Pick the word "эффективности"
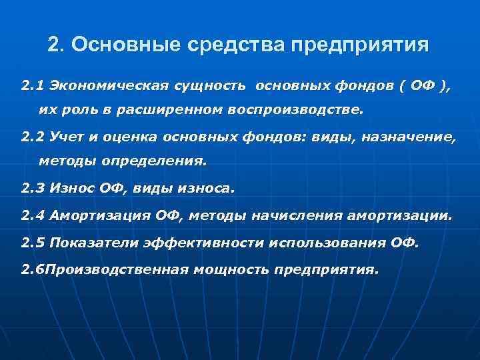click(x=204, y=243)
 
